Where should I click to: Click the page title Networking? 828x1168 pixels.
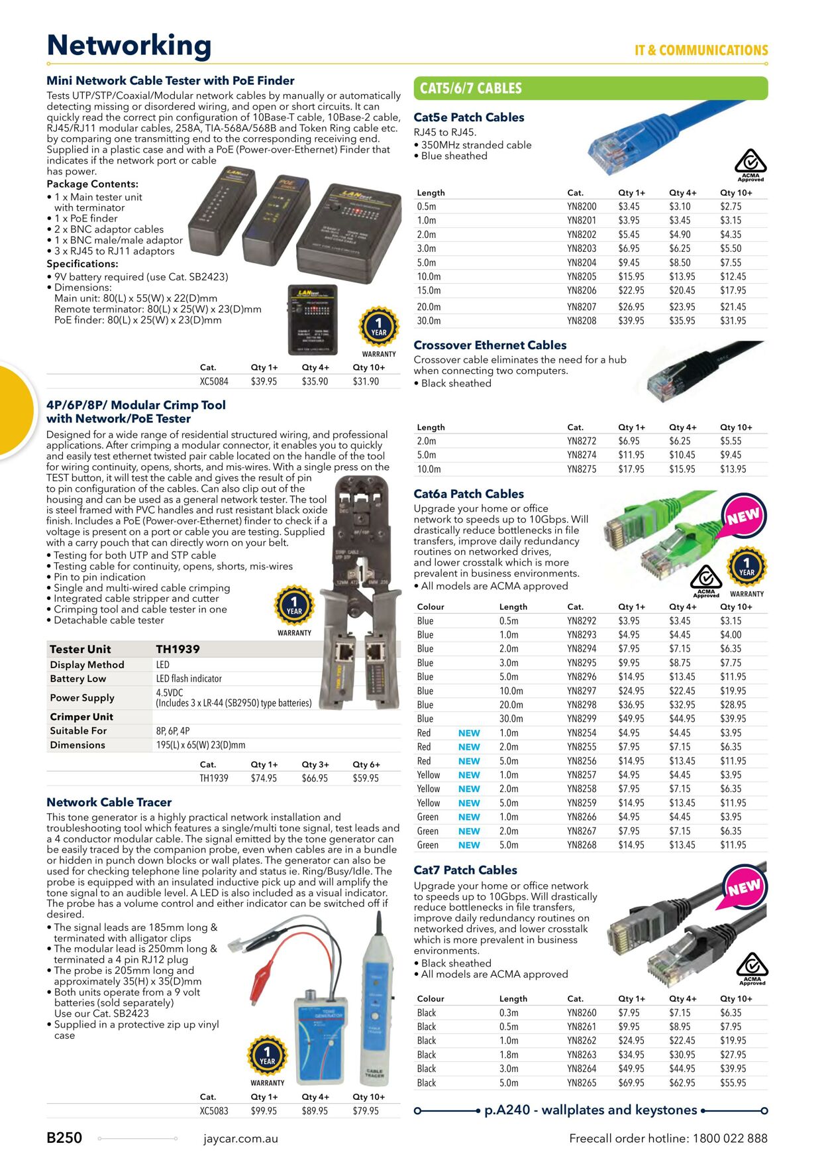129,46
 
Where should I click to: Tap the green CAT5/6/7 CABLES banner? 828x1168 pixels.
590,88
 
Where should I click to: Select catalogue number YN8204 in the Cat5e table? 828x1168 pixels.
581,263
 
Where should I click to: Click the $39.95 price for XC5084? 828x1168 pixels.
264,382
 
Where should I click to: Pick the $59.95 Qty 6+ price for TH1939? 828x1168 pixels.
366,778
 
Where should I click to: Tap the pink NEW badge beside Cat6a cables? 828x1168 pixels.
743,516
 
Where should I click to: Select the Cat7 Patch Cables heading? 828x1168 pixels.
465,870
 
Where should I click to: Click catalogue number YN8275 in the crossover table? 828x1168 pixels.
581,469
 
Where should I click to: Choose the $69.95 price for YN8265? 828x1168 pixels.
631,1083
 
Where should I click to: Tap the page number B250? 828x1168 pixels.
64,1138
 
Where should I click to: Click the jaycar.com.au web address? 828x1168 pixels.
240,1139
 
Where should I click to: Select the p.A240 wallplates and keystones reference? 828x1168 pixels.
590,1110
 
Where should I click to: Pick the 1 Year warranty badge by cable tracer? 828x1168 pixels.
267,1057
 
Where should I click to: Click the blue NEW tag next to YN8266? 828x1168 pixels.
468,817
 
